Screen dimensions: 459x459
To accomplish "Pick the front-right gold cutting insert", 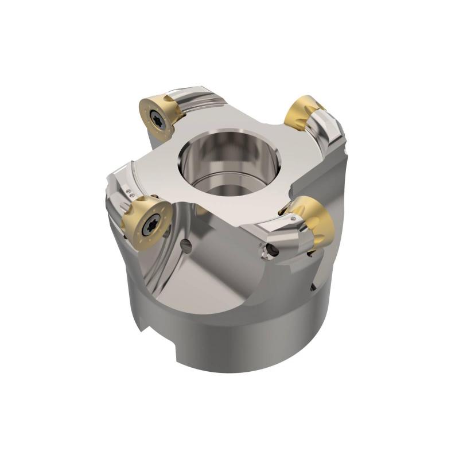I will (x=314, y=221).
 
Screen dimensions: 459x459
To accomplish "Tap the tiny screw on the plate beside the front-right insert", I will (x=294, y=219).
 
